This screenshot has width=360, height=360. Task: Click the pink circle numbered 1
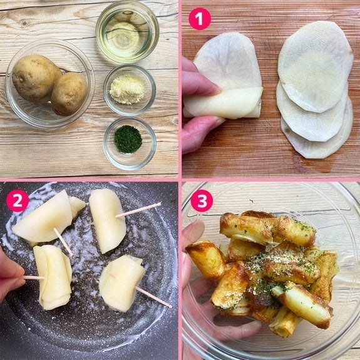coord(200,19)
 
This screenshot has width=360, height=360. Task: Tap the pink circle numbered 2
coord(18,201)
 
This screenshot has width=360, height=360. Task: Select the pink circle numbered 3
coord(202,201)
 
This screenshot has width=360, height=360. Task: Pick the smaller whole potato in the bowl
coord(69,94)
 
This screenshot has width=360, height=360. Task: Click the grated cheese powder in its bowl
coord(128,90)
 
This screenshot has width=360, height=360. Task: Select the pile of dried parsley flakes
coord(128,139)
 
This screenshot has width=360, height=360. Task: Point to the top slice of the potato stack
coord(315,66)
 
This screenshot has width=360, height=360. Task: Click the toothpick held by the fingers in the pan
coord(34,277)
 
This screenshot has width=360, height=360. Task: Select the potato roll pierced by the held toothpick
coord(53,277)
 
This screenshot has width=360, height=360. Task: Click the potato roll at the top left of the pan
coord(47,217)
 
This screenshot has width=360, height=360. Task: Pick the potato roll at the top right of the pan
coord(108,220)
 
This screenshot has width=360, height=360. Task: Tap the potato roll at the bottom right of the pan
coord(121,283)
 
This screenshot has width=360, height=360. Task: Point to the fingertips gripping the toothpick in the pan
coord(11,274)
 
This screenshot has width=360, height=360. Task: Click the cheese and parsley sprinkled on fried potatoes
coord(275,269)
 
